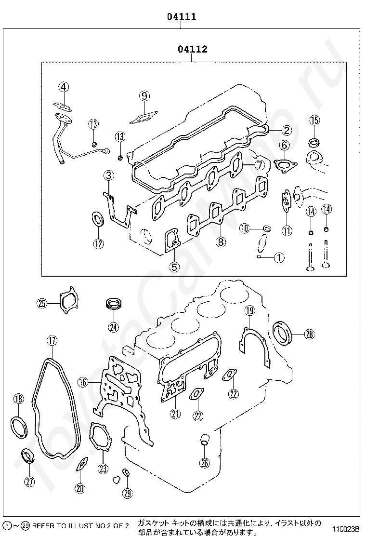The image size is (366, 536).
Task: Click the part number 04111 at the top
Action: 182,17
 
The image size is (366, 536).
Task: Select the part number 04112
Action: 192,49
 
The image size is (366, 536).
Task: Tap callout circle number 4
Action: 64,87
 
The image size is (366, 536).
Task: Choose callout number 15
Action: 314,120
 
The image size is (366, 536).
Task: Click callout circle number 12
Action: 98,243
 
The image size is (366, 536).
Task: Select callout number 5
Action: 174,266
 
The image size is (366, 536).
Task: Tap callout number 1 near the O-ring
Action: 279,257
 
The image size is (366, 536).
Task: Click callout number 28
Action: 309,334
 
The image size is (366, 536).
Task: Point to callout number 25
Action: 42,303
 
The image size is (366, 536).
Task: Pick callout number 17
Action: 52,340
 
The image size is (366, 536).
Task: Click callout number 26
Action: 205,463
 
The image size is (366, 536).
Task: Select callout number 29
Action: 127,493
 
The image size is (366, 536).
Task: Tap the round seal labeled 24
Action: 114,305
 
